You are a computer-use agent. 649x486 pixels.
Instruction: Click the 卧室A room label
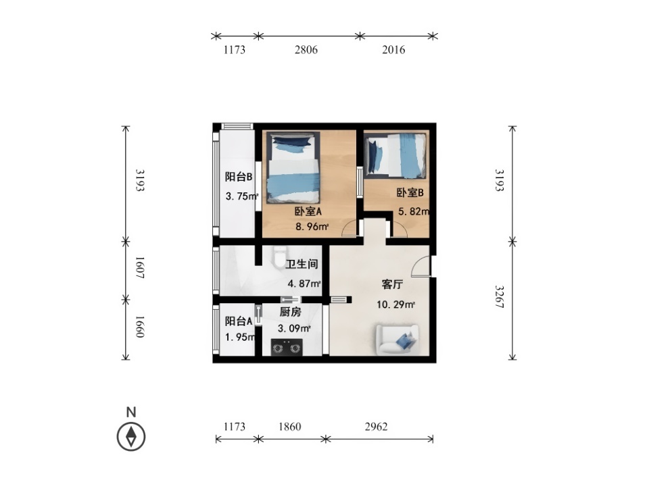pyautogui.click(x=308, y=211)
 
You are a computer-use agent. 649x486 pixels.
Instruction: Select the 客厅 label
pyautogui.click(x=392, y=284)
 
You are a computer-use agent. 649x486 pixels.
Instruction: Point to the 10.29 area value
pyautogui.click(x=395, y=304)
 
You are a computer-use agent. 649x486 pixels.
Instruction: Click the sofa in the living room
pyautogui.click(x=398, y=340)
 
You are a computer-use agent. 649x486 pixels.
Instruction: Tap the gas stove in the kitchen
pyautogui.click(x=287, y=347)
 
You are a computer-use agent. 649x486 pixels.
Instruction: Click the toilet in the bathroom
pyautogui.click(x=280, y=257)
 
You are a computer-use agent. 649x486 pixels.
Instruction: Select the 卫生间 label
pyautogui.click(x=302, y=264)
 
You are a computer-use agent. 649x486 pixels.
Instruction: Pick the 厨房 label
pyautogui.click(x=291, y=312)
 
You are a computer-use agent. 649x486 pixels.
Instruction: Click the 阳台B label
pyautogui.click(x=239, y=177)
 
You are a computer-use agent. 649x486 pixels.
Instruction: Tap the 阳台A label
pyautogui.click(x=239, y=321)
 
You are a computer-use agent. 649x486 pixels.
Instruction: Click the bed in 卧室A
pyautogui.click(x=293, y=168)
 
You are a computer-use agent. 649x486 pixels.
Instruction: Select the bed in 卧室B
pyautogui.click(x=395, y=155)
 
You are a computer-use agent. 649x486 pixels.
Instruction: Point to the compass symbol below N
pyautogui.click(x=131, y=437)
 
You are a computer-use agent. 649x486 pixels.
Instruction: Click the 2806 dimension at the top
pyautogui.click(x=306, y=49)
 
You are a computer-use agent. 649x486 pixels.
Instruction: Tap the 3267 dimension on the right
pyautogui.click(x=500, y=296)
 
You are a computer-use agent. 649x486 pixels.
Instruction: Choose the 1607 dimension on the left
pyautogui.click(x=140, y=267)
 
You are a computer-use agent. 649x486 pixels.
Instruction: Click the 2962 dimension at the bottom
pyautogui.click(x=377, y=427)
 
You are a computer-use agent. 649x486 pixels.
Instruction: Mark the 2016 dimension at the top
pyautogui.click(x=393, y=49)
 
